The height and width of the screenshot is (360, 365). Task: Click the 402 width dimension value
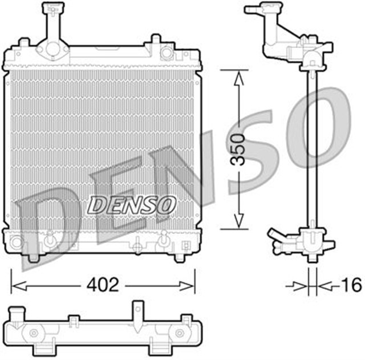tap(103, 284)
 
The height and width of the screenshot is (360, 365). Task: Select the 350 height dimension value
tap(240, 150)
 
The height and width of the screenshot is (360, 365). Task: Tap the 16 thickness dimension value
tap(352, 284)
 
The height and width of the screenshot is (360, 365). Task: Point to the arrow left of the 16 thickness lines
tap(297, 284)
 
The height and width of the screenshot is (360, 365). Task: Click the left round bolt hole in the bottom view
tap(33, 333)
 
